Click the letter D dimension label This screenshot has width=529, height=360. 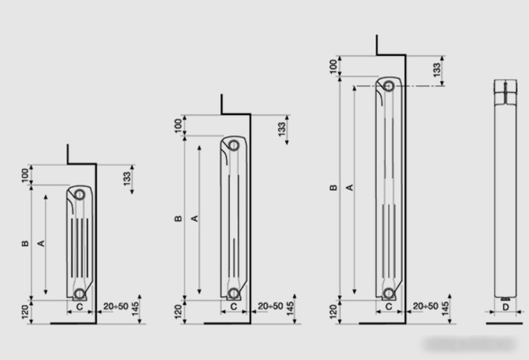(506, 307)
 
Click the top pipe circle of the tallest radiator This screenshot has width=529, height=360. (388, 86)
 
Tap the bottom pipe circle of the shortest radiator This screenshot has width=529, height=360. (79, 293)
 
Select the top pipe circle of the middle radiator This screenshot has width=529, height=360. (234, 145)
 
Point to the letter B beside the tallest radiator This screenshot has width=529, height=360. (333, 188)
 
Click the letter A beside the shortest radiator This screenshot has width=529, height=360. (41, 244)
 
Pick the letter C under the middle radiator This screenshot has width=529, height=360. (234, 306)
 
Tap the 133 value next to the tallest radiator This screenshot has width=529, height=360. (437, 70)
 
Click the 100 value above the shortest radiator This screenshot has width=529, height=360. (25, 176)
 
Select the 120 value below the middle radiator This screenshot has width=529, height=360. (179, 312)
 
